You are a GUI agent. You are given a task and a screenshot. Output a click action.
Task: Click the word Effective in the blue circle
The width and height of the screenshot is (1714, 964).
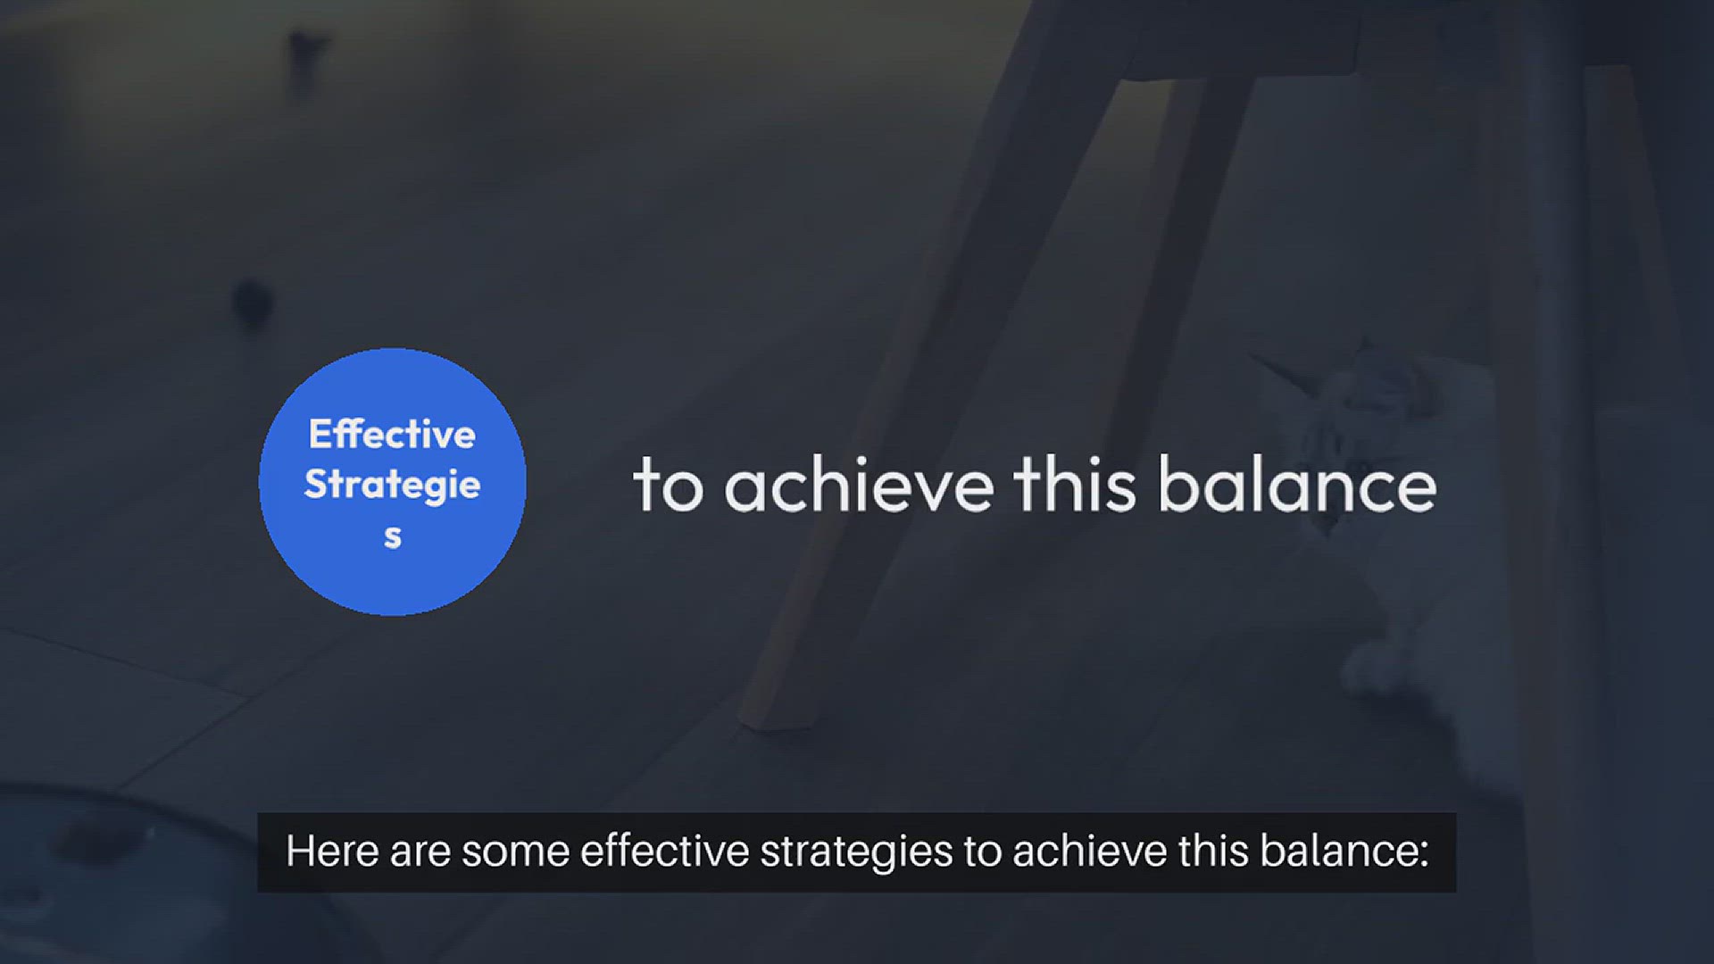(x=392, y=435)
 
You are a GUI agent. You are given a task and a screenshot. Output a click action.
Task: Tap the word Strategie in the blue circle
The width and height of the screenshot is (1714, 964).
(x=392, y=485)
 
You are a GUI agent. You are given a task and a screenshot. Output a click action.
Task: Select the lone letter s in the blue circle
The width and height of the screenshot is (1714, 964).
(x=393, y=537)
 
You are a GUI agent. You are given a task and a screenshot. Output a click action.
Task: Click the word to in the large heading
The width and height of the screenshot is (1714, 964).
(x=668, y=486)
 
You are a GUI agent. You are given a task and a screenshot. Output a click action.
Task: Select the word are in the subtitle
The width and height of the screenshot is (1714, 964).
(x=420, y=853)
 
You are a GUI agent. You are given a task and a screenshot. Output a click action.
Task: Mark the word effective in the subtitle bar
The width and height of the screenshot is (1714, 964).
(x=664, y=851)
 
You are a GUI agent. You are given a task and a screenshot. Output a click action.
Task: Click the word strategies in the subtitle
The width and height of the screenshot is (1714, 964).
(x=856, y=853)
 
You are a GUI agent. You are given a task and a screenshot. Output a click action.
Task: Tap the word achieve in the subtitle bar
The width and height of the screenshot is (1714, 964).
(x=1089, y=851)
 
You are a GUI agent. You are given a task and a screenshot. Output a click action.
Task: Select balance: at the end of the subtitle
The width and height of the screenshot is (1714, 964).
(x=1344, y=851)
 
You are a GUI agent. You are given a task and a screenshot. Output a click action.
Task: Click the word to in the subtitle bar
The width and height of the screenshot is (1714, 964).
(x=982, y=852)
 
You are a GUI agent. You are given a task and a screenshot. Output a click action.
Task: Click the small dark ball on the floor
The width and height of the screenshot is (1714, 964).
(x=251, y=302)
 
